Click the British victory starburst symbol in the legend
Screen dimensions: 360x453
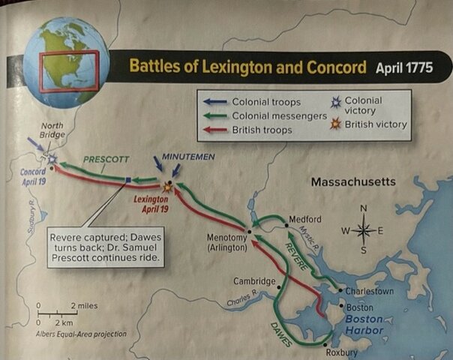click(336, 124)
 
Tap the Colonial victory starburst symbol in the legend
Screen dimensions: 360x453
click(336, 102)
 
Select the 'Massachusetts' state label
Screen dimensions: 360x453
click(353, 182)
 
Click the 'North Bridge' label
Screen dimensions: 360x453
click(51, 129)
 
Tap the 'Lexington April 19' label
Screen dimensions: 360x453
click(153, 204)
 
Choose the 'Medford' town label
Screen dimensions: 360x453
click(305, 219)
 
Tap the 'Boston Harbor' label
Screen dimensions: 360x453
click(364, 324)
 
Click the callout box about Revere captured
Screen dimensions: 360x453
click(105, 247)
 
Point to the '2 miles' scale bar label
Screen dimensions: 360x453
click(84, 306)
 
